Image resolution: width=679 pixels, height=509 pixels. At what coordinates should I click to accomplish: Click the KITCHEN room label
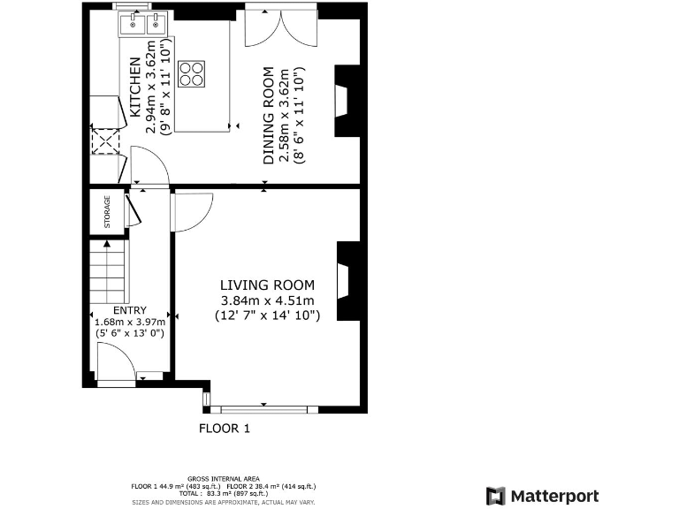[135, 87]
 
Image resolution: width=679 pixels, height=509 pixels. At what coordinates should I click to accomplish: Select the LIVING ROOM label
[267, 285]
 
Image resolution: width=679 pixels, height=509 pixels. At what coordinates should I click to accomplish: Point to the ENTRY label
[128, 310]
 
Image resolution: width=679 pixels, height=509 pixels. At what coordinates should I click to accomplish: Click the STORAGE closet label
[108, 212]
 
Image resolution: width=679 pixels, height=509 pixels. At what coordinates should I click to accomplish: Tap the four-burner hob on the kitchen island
[191, 73]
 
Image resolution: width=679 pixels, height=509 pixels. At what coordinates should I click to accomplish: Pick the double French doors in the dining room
[281, 29]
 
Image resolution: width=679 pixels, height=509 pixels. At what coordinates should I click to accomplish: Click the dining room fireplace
[346, 102]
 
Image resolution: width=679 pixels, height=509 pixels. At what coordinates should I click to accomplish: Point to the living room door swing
[189, 211]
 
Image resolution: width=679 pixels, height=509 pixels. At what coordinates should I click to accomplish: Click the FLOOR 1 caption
[225, 429]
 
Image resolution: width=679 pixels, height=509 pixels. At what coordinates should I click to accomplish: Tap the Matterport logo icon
[496, 496]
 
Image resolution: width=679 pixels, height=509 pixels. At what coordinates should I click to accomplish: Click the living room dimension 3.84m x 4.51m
[267, 300]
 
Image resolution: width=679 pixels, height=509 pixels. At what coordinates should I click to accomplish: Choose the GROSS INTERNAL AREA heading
[224, 478]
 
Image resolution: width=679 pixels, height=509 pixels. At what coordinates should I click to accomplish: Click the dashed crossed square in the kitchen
[105, 141]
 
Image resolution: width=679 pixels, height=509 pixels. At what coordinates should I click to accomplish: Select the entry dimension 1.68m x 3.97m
[128, 323]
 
